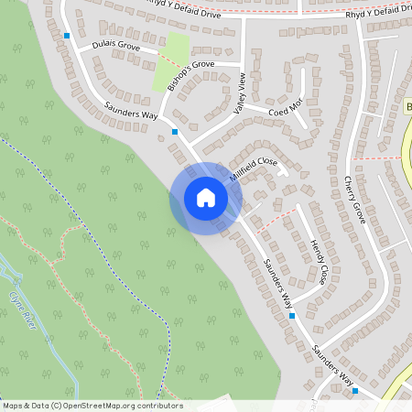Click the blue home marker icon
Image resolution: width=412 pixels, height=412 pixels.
(206, 198)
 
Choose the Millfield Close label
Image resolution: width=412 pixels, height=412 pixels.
(254, 168)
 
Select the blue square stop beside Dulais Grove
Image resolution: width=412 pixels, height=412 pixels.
(67, 37)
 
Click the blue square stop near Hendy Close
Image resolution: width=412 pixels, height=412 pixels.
(292, 315)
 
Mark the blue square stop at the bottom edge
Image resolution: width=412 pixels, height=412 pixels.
(356, 391)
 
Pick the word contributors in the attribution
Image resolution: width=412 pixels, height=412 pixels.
(158, 406)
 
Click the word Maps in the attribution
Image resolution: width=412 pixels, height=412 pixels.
(13, 406)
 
